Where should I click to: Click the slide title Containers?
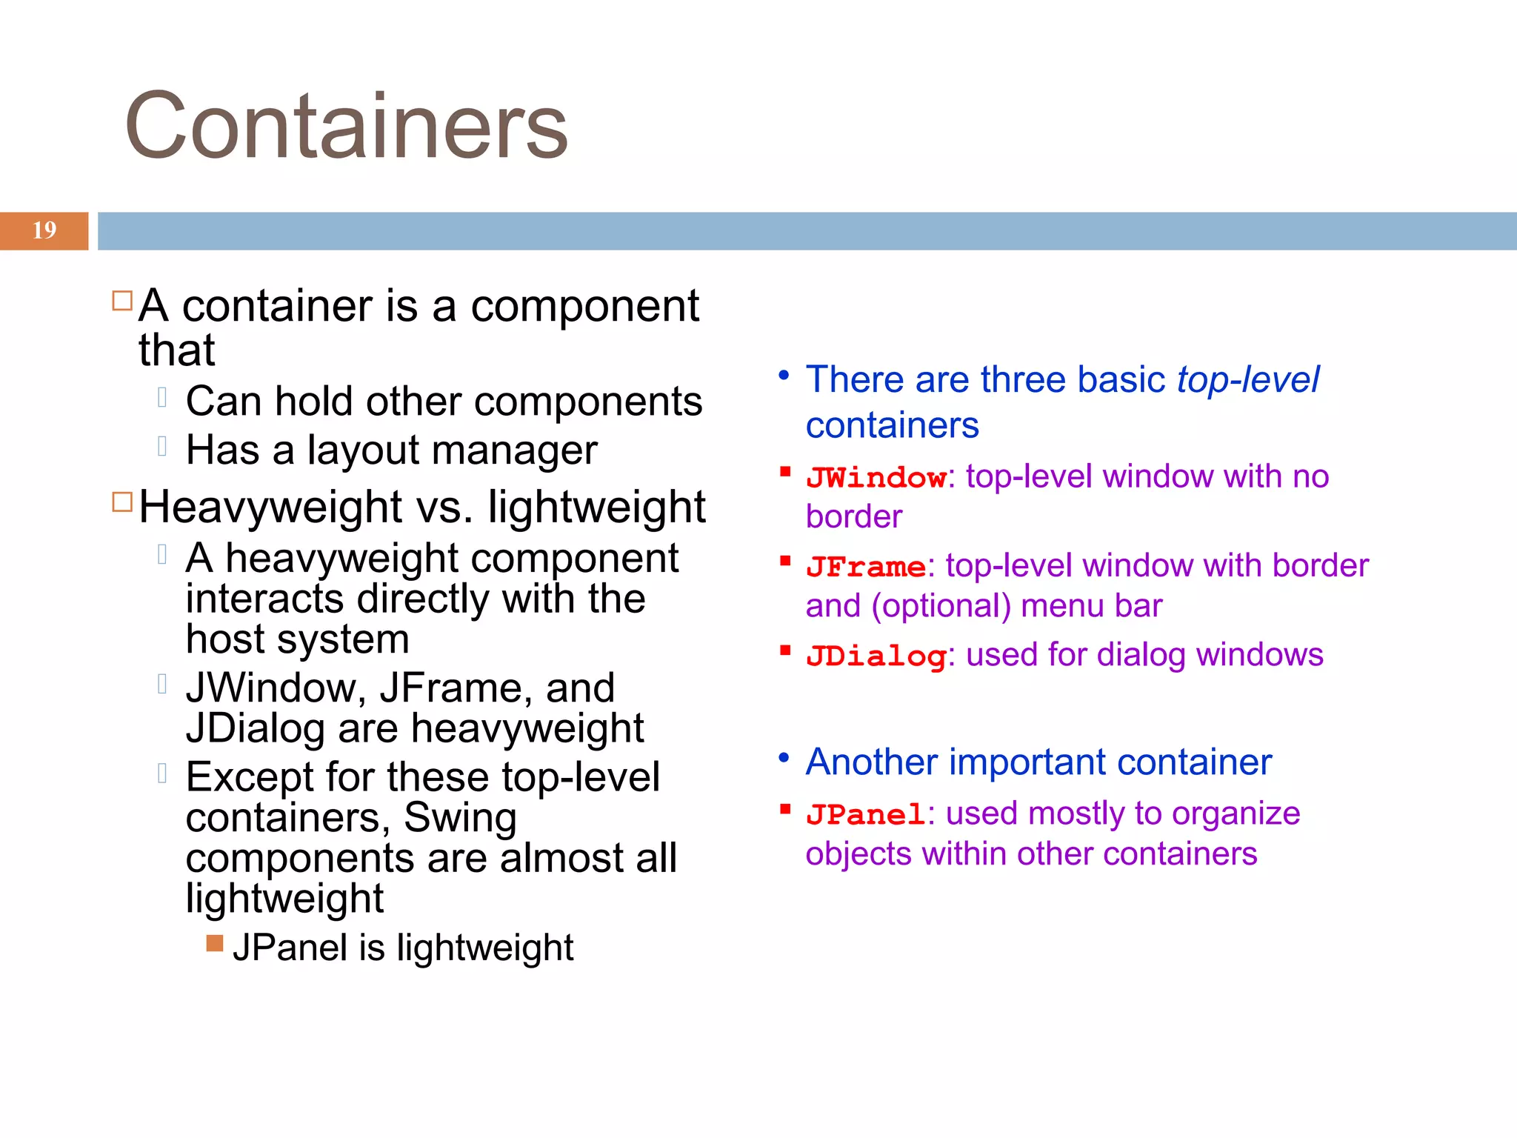pos(346,126)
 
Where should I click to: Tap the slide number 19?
pos(44,230)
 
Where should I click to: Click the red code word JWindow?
pos(876,478)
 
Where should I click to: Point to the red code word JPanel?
pos(866,815)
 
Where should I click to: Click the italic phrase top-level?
pos(1248,380)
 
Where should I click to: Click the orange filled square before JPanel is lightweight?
pos(215,943)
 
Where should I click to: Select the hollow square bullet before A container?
pos(122,301)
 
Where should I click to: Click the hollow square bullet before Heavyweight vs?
pos(122,502)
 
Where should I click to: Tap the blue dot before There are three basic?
pos(784,376)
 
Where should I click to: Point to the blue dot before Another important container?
pos(784,758)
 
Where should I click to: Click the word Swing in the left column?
pos(460,818)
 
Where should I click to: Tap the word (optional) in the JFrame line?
pos(941,607)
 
